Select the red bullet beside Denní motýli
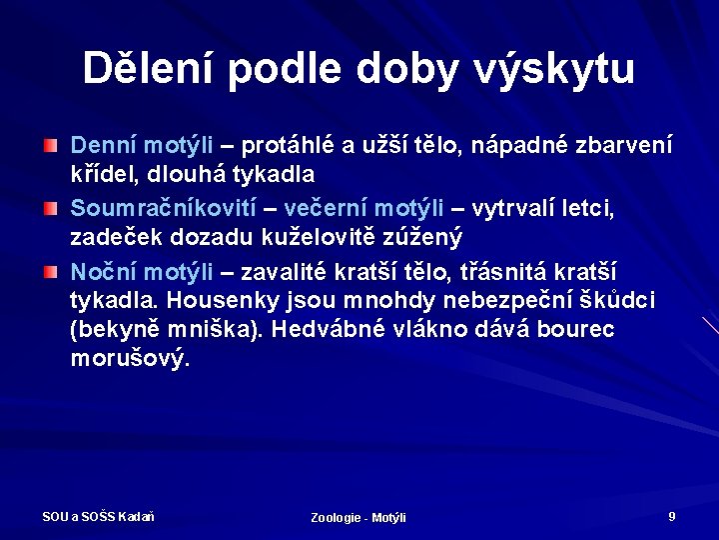(x=50, y=146)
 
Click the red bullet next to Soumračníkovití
(x=50, y=208)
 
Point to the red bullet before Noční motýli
(x=50, y=270)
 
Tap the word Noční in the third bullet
(x=103, y=270)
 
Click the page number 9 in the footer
(x=672, y=516)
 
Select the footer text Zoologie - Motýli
(x=359, y=517)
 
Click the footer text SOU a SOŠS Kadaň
(x=98, y=516)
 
